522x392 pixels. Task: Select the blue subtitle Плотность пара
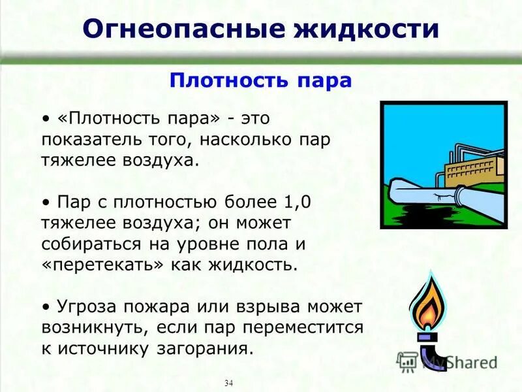coord(260,80)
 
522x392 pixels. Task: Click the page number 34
coord(228,382)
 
